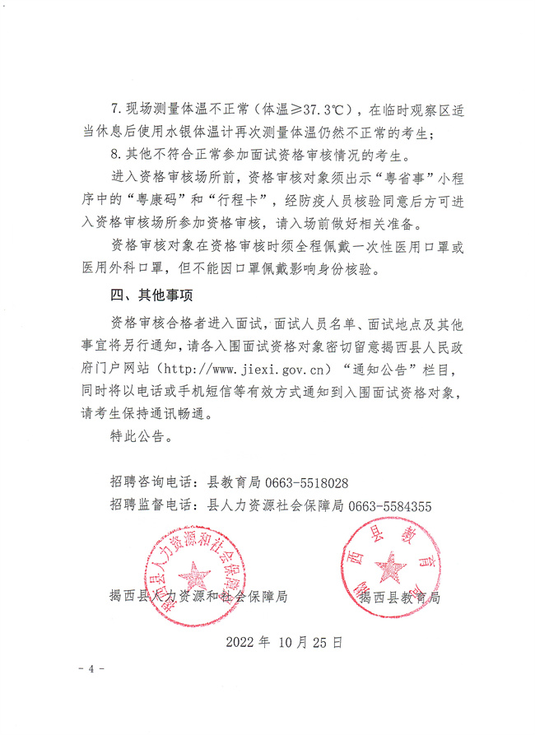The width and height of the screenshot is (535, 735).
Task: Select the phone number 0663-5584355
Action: point(390,506)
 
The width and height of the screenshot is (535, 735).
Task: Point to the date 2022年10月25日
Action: point(283,640)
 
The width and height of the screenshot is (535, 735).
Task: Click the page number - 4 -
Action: point(90,668)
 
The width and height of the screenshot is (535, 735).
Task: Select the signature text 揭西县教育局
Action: point(399,598)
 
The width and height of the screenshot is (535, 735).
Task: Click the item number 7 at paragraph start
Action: point(114,109)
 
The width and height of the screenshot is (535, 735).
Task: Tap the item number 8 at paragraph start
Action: point(114,154)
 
